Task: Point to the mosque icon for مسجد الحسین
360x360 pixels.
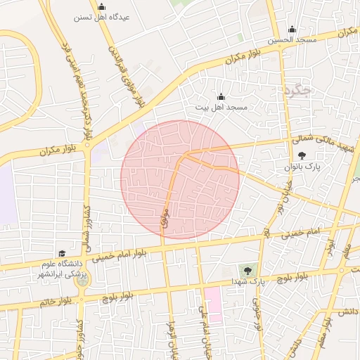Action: tap(292, 29)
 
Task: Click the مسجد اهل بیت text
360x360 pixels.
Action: tap(221, 106)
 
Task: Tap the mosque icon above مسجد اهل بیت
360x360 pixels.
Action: tap(221, 96)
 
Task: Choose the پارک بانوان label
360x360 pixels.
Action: tap(302, 167)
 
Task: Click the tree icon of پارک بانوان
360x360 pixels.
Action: tap(302, 155)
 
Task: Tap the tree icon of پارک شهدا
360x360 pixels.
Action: tap(247, 269)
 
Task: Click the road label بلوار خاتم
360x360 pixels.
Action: tap(57, 302)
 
